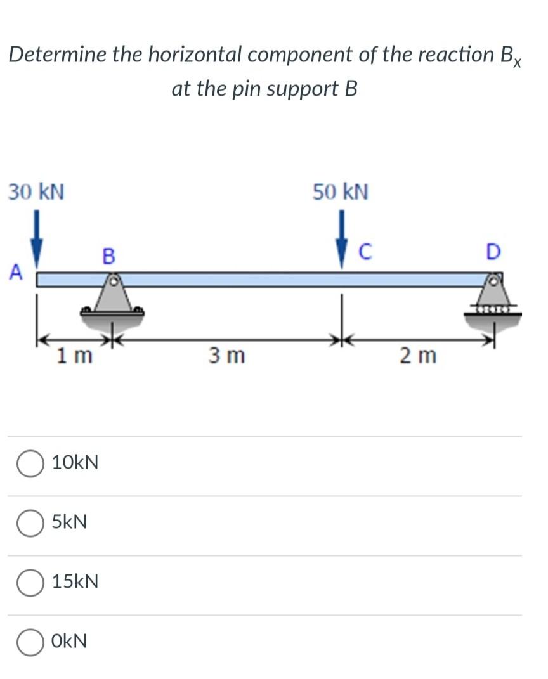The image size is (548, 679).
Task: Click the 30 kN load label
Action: coord(36,191)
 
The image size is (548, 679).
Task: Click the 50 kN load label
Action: coord(340,191)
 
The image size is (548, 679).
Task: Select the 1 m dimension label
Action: coord(74,356)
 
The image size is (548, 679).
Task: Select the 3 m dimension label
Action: coord(226,356)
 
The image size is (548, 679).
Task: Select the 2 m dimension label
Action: coord(418,356)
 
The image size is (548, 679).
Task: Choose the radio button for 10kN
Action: coord(29,463)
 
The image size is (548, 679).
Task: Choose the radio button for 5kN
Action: coord(29,523)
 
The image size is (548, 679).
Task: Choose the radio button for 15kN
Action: coord(29,582)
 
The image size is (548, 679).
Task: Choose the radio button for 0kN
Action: coord(29,642)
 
